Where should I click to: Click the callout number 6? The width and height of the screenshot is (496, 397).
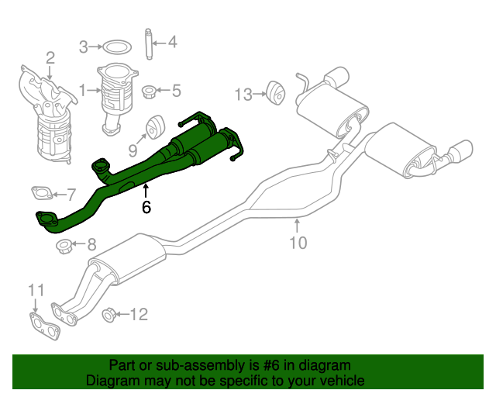click(146, 207)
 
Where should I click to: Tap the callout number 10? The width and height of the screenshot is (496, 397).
click(298, 243)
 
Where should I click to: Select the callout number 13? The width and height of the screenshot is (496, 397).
click(243, 95)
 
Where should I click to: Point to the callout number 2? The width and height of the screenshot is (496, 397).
click(50, 57)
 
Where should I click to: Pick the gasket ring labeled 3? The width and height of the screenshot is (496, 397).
click(116, 47)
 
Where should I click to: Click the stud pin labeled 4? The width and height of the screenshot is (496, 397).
click(147, 42)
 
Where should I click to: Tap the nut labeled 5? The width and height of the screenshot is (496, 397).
click(150, 91)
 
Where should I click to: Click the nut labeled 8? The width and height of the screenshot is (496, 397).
click(65, 247)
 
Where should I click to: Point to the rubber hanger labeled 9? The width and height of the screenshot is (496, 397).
click(153, 126)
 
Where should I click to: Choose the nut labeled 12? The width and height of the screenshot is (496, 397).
click(110, 314)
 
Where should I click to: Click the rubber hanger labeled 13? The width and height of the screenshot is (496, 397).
click(273, 91)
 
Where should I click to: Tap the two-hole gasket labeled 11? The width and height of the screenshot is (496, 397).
click(44, 325)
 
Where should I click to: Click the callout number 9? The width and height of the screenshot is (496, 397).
click(133, 148)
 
